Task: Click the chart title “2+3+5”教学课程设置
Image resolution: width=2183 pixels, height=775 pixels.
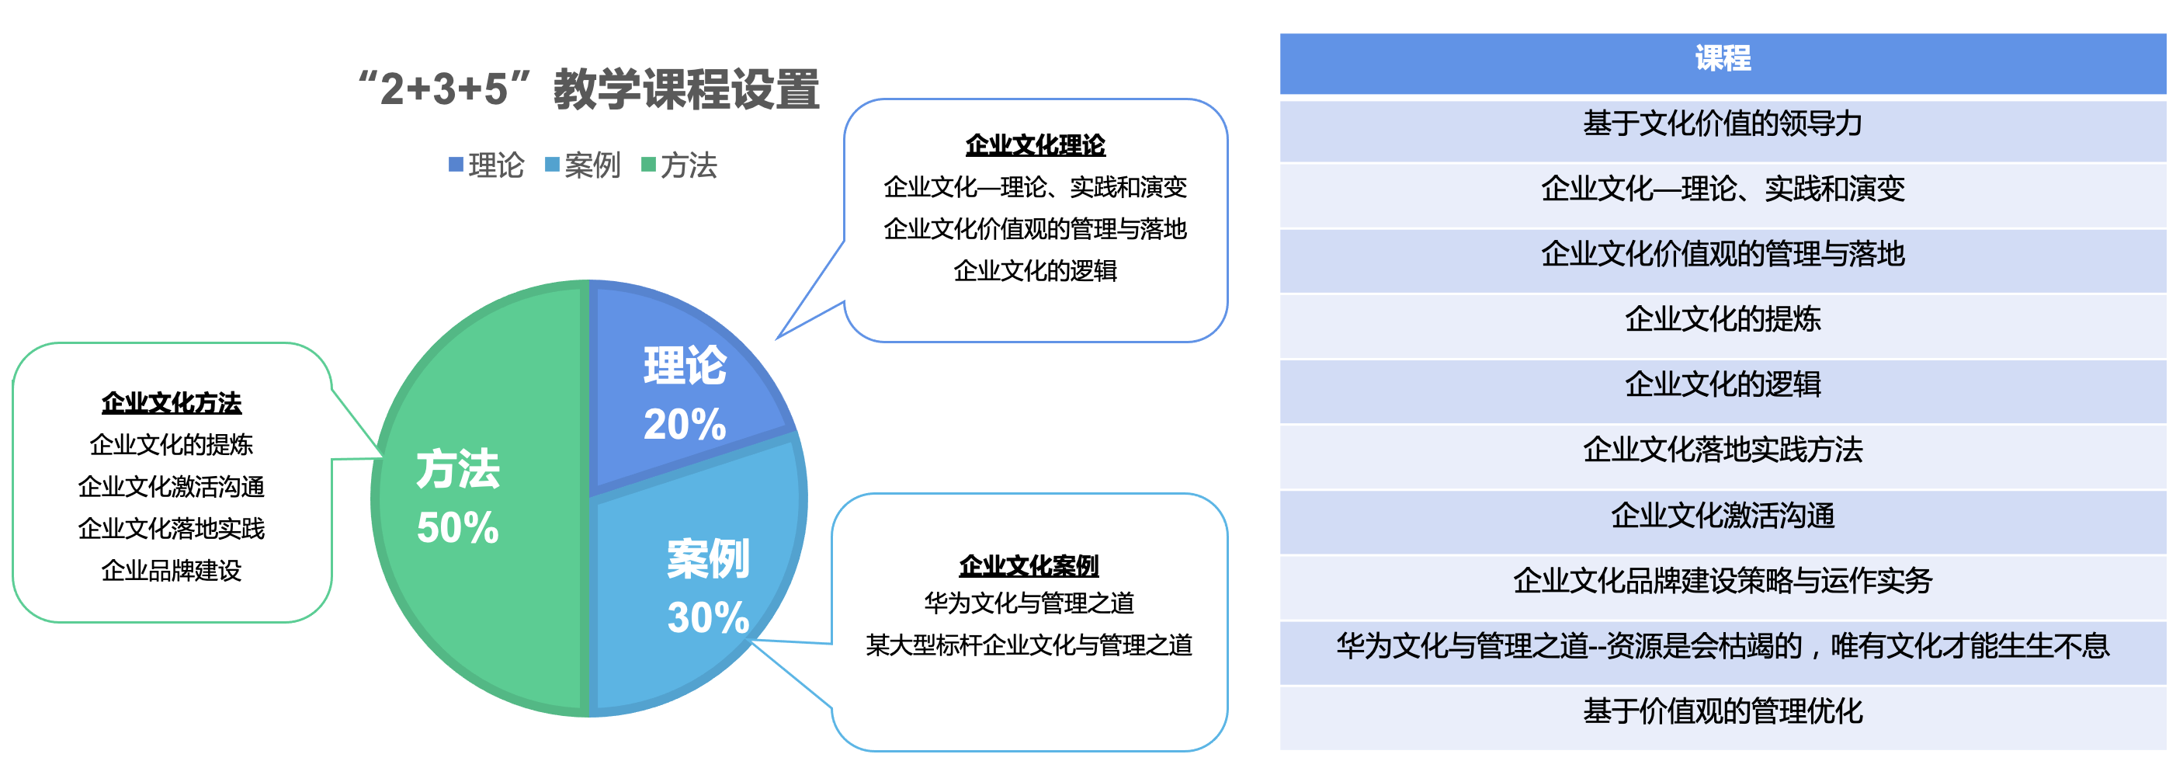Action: point(589,89)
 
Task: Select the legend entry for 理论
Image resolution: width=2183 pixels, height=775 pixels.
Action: point(487,165)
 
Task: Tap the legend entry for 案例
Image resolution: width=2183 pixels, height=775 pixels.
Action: point(583,165)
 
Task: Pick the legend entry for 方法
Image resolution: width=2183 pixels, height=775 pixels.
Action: point(679,165)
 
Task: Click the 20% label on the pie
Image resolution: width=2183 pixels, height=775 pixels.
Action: point(685,424)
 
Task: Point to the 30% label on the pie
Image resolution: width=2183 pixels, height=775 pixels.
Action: point(709,617)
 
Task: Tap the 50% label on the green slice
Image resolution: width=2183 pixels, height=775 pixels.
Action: point(457,527)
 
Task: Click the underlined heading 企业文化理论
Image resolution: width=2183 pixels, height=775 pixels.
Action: point(1036,145)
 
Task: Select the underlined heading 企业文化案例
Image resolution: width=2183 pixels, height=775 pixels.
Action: point(1029,565)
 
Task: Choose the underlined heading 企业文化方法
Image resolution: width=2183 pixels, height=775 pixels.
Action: point(172,403)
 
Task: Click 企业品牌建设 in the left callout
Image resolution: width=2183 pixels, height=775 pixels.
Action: point(172,571)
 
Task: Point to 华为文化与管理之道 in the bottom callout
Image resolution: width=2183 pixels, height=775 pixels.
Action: point(1029,603)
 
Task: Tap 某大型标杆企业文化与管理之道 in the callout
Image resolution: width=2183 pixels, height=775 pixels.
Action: point(1029,645)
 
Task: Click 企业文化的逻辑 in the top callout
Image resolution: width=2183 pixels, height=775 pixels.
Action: point(1036,271)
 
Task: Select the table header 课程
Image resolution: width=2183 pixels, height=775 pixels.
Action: point(1723,58)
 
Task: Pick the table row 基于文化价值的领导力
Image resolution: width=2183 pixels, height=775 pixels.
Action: point(1723,123)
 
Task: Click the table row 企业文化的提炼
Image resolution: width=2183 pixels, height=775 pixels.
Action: point(1723,319)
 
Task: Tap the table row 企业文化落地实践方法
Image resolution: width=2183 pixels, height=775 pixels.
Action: point(1723,450)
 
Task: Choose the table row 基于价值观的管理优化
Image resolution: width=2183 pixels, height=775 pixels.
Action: point(1723,711)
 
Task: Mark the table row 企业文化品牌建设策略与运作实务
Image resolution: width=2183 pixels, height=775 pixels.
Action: point(1723,581)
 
